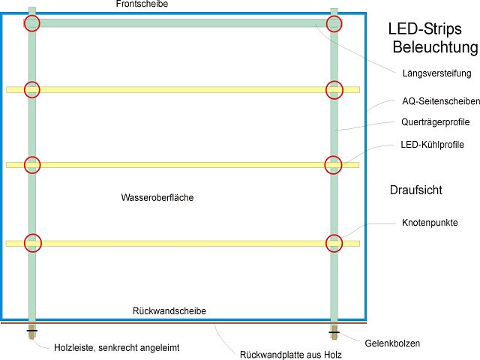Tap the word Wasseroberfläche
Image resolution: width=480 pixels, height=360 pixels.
pyautogui.click(x=156, y=198)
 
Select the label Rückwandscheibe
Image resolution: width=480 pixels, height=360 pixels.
pyautogui.click(x=169, y=310)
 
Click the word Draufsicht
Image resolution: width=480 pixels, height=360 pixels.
pyautogui.click(x=415, y=190)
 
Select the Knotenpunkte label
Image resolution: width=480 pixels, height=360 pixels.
pyautogui.click(x=430, y=223)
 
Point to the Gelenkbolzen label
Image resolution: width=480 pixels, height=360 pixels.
pyautogui.click(x=392, y=343)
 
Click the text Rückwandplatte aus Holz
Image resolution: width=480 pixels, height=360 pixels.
pyautogui.click(x=291, y=355)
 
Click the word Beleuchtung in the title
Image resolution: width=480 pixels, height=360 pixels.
pyautogui.click(x=435, y=48)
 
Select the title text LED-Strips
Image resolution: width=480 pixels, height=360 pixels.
pyautogui.click(x=426, y=29)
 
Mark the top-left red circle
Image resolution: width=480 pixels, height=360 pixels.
pyautogui.click(x=31, y=23)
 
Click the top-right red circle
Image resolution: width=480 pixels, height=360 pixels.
pyautogui.click(x=334, y=23)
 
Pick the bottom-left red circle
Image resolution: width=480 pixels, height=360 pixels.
pyautogui.click(x=32, y=242)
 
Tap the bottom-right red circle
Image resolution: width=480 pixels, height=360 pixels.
pyautogui.click(x=334, y=242)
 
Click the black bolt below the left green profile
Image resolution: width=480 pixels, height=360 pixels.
pyautogui.click(x=32, y=330)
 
